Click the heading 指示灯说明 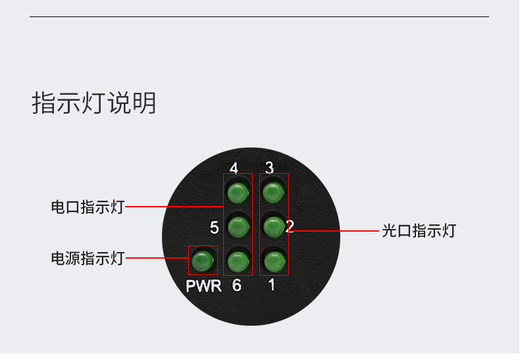tap(94, 104)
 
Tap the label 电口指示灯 tap(88, 207)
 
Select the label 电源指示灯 tap(88, 259)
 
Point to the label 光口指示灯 tap(419, 231)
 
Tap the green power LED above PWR tap(203, 261)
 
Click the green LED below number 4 tap(238, 193)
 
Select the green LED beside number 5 tap(238, 228)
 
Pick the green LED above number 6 tap(238, 262)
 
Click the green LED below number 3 tap(273, 193)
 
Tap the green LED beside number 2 tap(273, 227)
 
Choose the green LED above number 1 tap(273, 261)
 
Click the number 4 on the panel tap(234, 167)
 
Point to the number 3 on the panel tap(269, 167)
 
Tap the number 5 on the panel tap(214, 228)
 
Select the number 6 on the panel tap(236, 286)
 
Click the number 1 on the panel tap(271, 286)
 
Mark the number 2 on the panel tap(290, 227)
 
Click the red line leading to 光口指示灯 tap(336, 231)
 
